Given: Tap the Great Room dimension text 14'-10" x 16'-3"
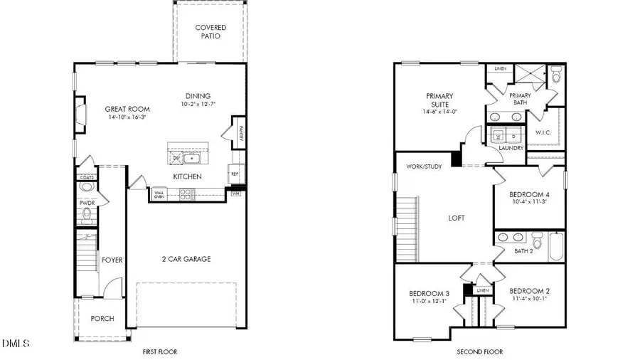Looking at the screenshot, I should (x=126, y=117).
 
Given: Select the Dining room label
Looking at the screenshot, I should (x=198, y=97).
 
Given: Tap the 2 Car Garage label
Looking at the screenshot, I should (x=187, y=259).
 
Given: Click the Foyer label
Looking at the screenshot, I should (x=112, y=260).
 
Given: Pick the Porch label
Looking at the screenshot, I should (x=102, y=318).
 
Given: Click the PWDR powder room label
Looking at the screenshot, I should (x=87, y=202).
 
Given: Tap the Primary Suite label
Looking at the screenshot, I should (x=440, y=100).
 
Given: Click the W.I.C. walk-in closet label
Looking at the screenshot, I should (x=543, y=132).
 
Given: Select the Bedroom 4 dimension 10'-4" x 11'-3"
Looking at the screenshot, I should (x=529, y=201).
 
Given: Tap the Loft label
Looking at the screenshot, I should (x=456, y=218).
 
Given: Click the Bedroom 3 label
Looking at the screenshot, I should (x=429, y=293).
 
